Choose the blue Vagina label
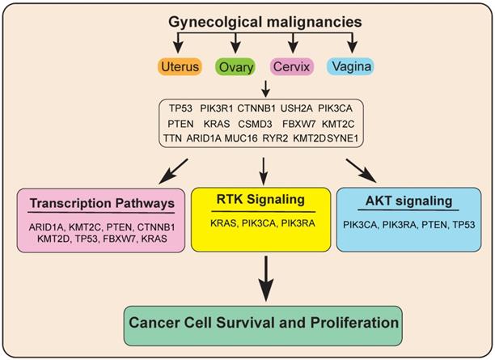[x=350, y=65]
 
